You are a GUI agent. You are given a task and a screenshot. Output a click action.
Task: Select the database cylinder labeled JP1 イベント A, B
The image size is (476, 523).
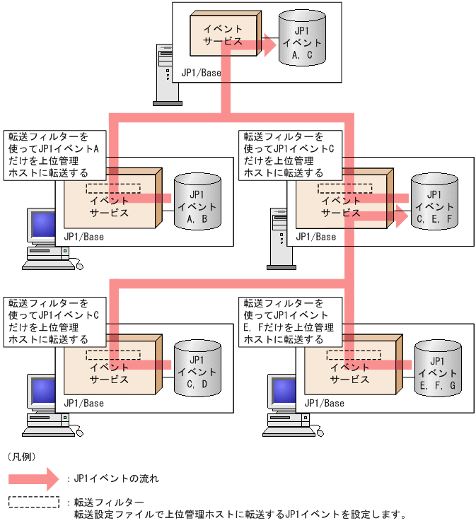[197, 201]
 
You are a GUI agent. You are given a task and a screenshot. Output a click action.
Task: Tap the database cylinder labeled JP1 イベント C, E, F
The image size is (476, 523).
[434, 201]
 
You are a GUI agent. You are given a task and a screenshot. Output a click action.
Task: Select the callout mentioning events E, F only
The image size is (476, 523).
[290, 321]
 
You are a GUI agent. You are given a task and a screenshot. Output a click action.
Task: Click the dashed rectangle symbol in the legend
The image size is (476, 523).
[33, 503]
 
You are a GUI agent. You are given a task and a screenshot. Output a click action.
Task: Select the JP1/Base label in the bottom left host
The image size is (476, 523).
[83, 403]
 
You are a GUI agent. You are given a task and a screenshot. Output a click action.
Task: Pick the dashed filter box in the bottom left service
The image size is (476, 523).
[113, 355]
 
